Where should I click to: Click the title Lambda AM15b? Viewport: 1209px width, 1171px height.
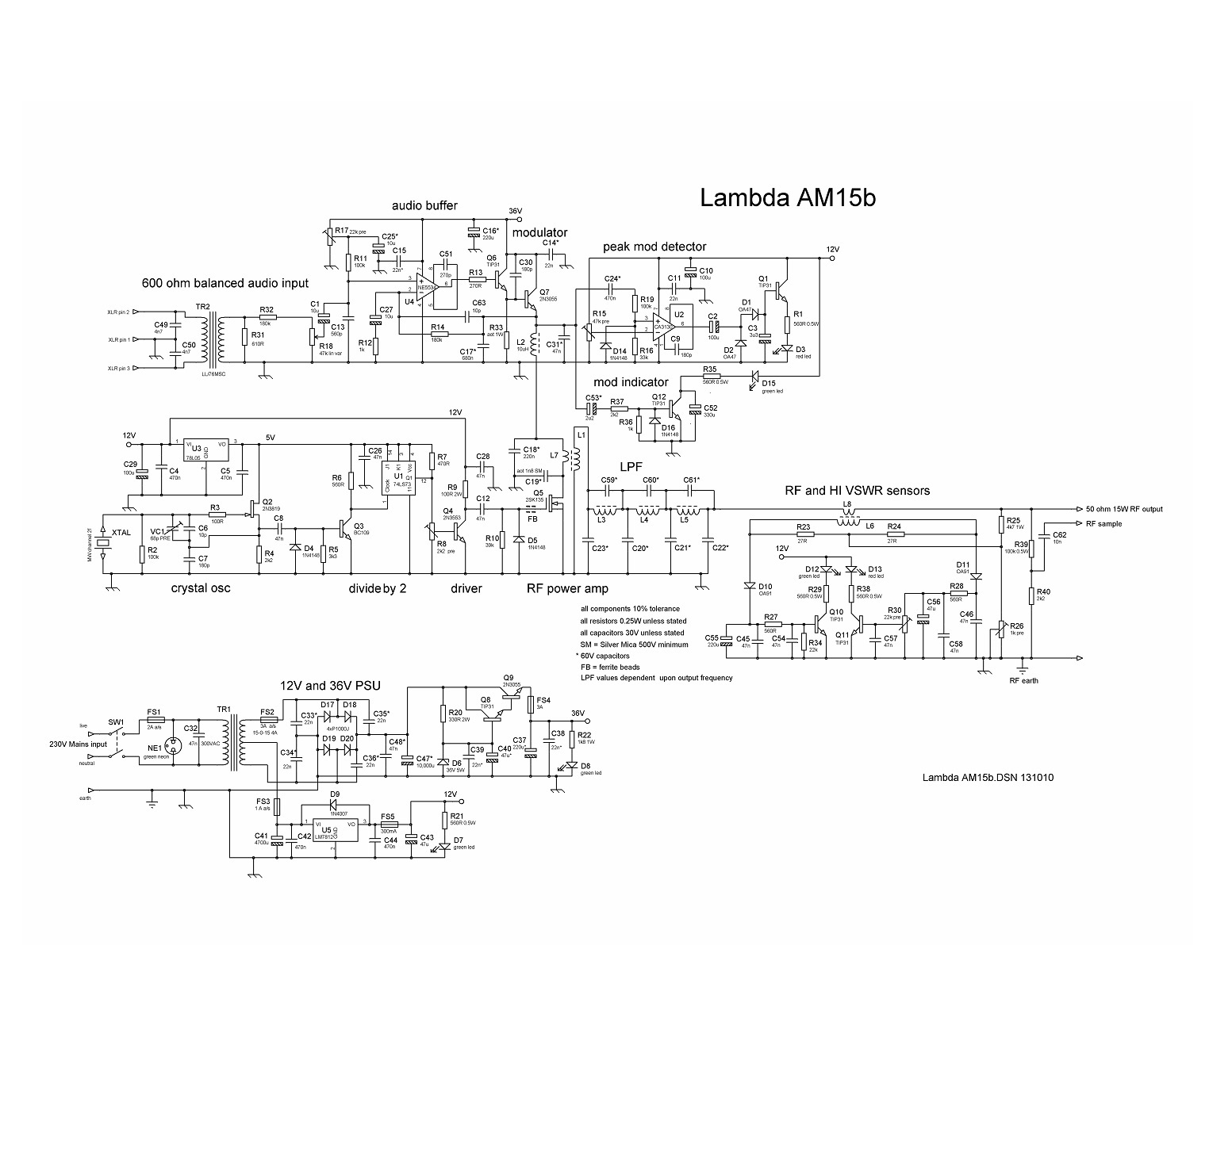pyautogui.click(x=787, y=197)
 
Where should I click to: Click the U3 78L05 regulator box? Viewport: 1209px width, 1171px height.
pyautogui.click(x=205, y=450)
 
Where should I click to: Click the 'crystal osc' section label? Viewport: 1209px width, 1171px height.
pyautogui.click(x=201, y=588)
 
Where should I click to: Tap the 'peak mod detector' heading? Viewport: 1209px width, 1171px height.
pyautogui.click(x=654, y=247)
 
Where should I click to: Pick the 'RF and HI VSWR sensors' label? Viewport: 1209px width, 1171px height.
pyautogui.click(x=857, y=491)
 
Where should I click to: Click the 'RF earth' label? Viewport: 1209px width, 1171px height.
pyautogui.click(x=1023, y=680)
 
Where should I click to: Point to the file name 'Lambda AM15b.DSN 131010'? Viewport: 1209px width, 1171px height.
pyautogui.click(x=988, y=777)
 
